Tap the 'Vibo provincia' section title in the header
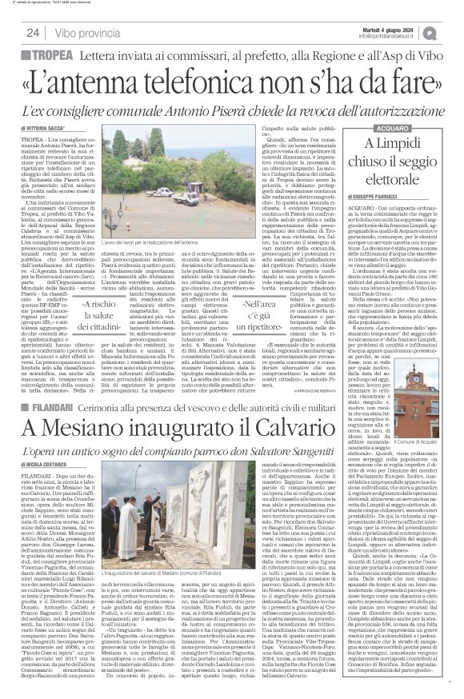click(x=89, y=33)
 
